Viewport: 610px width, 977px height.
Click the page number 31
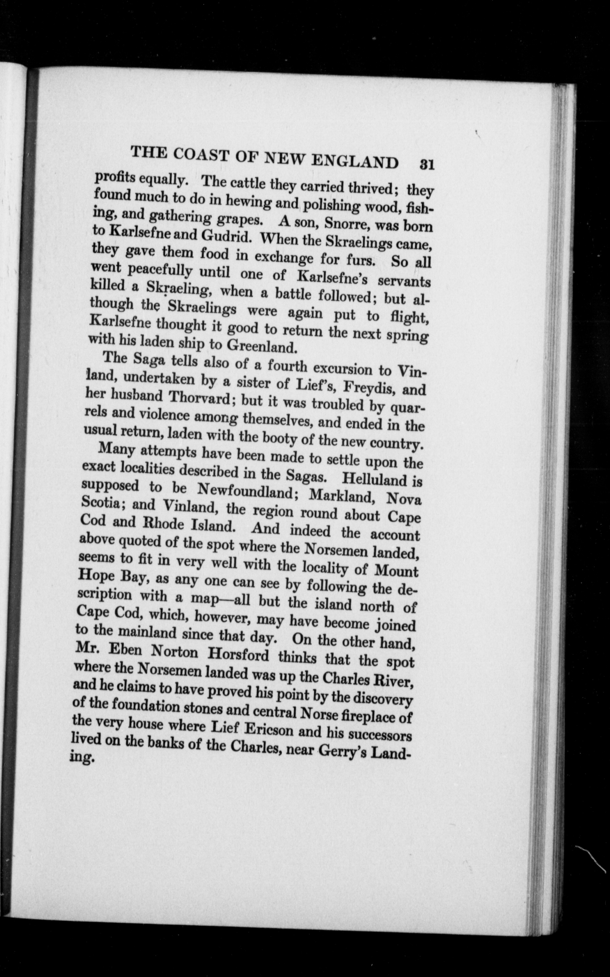point(426,165)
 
